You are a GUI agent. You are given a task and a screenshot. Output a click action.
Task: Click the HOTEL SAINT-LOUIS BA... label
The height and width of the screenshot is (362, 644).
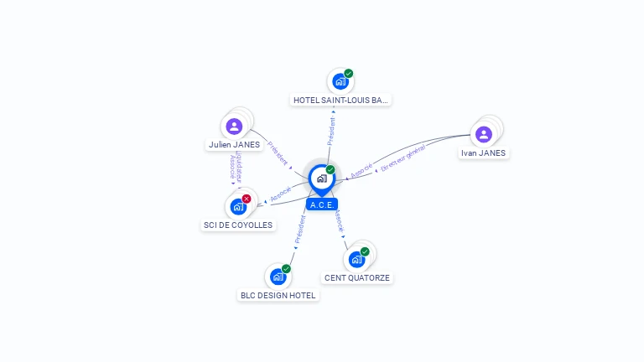340,100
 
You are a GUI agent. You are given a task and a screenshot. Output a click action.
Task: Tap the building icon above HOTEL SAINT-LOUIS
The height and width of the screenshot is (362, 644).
340,81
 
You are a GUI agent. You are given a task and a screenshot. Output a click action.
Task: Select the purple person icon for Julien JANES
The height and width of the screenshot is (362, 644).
234,127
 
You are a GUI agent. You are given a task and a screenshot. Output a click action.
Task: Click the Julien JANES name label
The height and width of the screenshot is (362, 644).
234,145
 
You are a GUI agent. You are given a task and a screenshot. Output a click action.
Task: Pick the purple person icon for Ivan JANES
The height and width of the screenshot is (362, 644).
483,134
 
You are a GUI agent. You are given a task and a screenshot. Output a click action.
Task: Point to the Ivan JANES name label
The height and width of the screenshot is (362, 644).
484,153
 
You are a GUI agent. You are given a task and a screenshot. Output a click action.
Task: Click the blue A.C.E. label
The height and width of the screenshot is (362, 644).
322,204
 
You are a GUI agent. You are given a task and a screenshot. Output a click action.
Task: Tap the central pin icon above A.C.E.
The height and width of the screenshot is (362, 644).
321,178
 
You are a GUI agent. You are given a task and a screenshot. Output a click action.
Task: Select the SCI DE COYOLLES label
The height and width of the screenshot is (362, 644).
239,225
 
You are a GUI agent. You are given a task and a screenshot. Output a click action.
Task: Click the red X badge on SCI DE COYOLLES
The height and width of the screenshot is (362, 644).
247,199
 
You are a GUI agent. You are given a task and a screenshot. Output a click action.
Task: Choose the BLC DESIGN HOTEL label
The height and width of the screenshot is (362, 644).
278,295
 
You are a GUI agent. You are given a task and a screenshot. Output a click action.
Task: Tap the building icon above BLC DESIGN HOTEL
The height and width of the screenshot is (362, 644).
278,276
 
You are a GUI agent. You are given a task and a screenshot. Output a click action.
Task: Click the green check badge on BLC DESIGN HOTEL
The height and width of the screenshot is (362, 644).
286,269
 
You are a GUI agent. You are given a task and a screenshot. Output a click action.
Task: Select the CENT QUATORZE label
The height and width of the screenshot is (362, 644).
357,277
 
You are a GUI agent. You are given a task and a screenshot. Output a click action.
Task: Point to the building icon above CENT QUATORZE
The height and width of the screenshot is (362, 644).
356,259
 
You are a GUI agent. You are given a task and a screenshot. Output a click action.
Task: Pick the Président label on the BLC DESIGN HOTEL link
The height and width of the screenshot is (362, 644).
299,230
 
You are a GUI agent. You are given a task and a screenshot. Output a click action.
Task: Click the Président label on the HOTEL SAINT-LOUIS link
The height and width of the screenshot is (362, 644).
331,132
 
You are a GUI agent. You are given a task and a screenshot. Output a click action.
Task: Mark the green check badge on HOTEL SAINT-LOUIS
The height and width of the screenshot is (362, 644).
348,74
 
